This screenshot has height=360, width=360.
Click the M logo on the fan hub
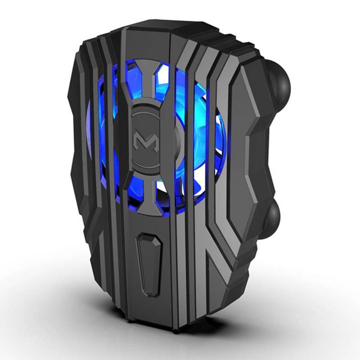coord(144,140)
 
